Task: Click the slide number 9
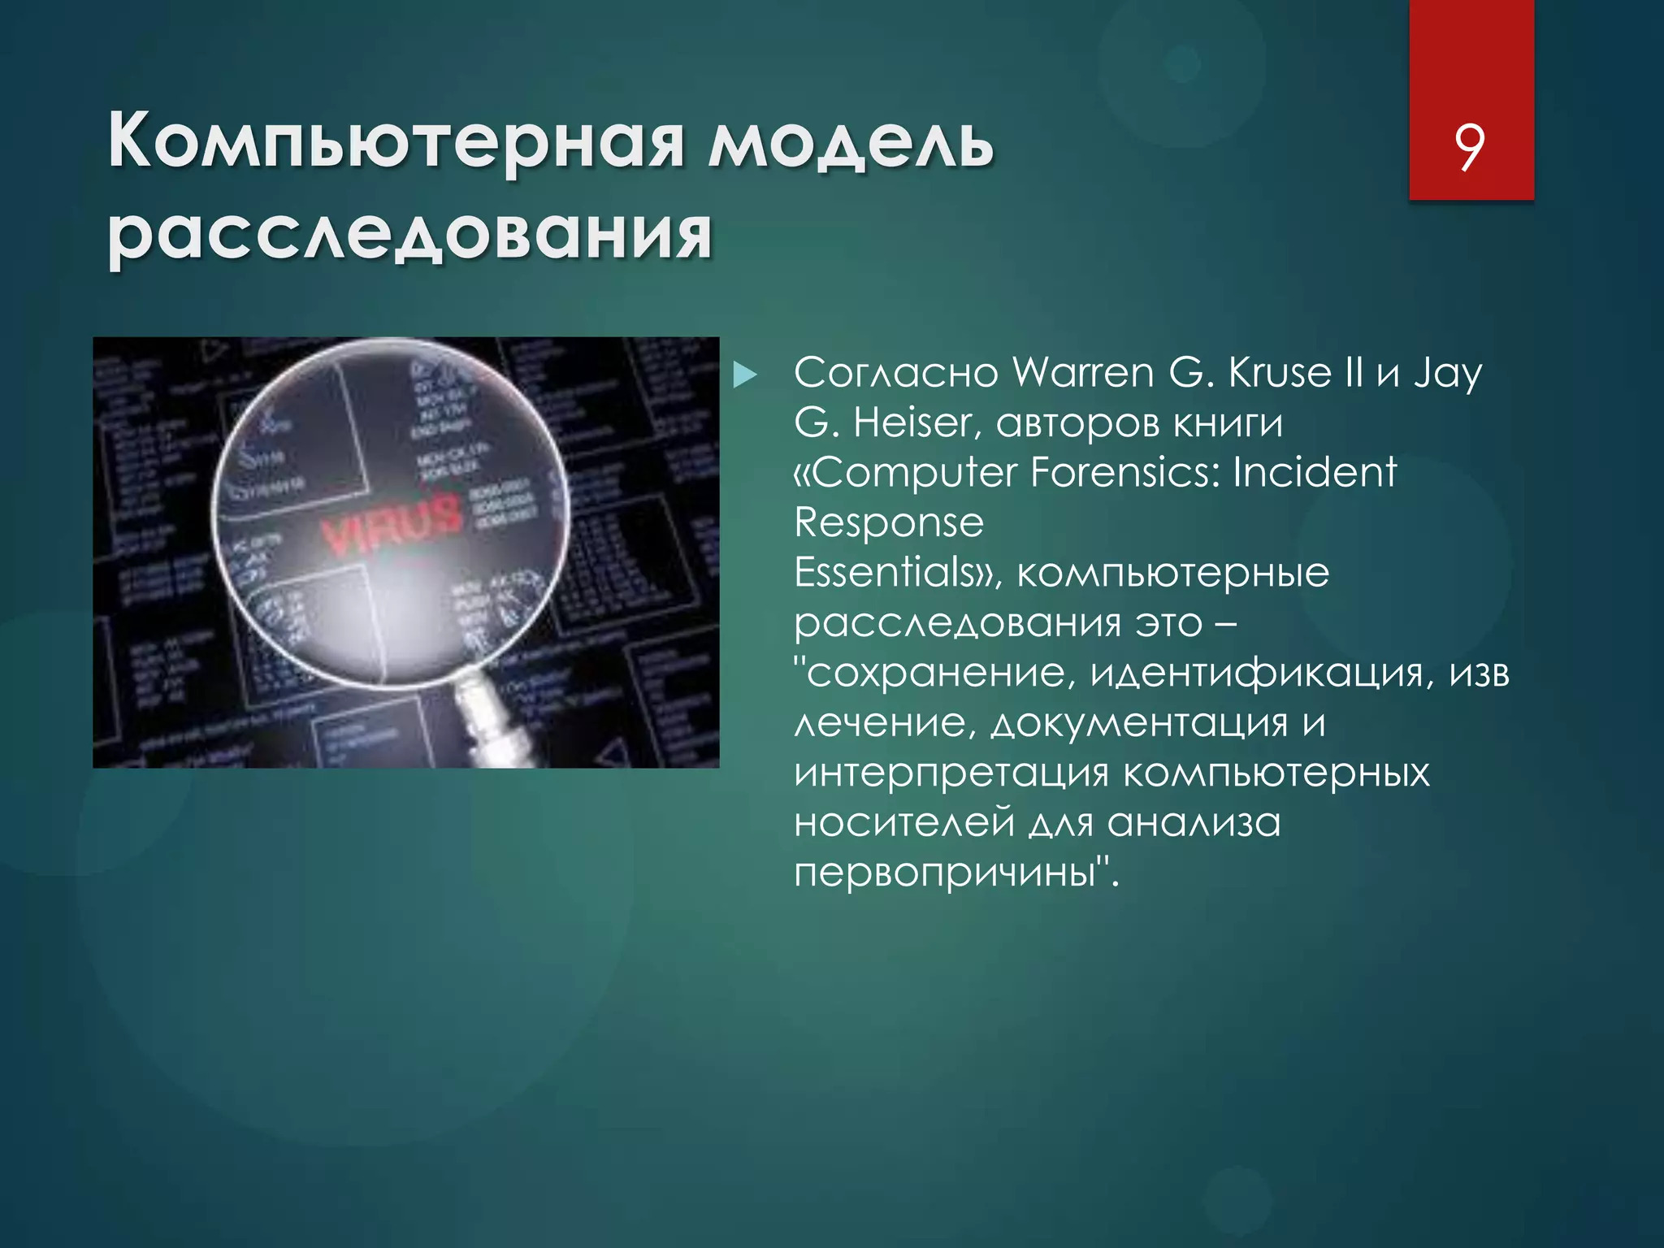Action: pyautogui.click(x=1470, y=147)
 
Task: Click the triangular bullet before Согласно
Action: pyautogui.click(x=744, y=375)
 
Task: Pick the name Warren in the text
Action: pyautogui.click(x=1083, y=373)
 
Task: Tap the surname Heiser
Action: pyautogui.click(x=912, y=423)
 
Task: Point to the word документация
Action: pyautogui.click(x=1139, y=723)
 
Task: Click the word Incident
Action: pyautogui.click(x=1314, y=473)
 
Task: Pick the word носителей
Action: pyautogui.click(x=904, y=822)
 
